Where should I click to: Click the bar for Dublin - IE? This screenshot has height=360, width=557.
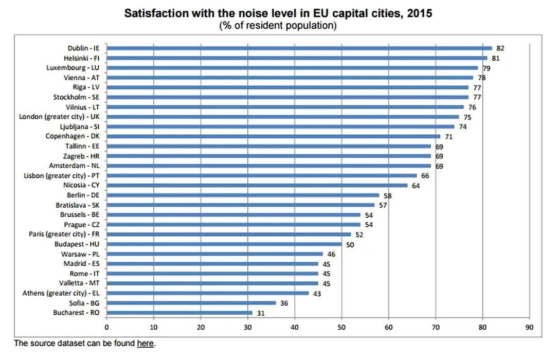pyautogui.click(x=299, y=48)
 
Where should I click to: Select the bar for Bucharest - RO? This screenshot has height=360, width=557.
pyautogui.click(x=179, y=312)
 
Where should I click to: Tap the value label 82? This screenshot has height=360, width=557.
pyautogui.click(x=500, y=48)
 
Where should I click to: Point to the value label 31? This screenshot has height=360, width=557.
pyautogui.click(x=260, y=312)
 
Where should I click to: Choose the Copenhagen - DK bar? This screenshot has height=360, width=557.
pyautogui.click(x=273, y=136)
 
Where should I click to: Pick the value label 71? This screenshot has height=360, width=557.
pyautogui.click(x=448, y=136)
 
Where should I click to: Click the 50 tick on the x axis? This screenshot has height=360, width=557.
pyautogui.click(x=342, y=327)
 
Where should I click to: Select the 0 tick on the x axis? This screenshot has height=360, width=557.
pyautogui.click(x=106, y=327)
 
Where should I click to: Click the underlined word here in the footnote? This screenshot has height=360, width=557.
pyautogui.click(x=145, y=343)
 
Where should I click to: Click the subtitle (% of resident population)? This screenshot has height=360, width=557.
pyautogui.click(x=278, y=25)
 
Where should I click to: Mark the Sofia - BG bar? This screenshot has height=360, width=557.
pyautogui.click(x=191, y=302)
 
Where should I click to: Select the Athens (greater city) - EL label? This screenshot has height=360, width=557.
pyautogui.click(x=61, y=293)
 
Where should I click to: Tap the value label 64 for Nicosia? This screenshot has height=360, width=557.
pyautogui.click(x=416, y=185)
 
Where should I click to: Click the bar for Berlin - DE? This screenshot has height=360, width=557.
pyautogui.click(x=243, y=195)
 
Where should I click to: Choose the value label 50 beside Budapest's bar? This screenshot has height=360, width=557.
pyautogui.click(x=350, y=244)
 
